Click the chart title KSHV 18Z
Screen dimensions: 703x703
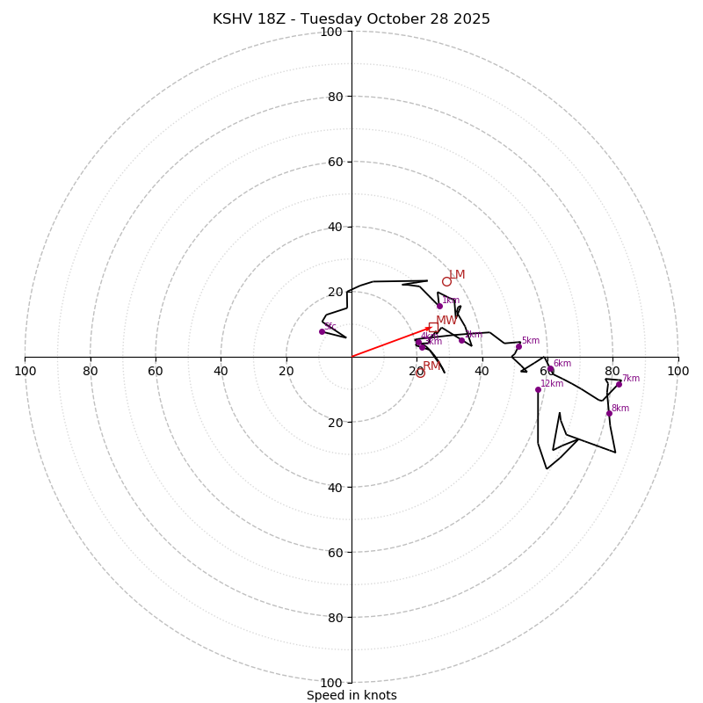coord(351,19)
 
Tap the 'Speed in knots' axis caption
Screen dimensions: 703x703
coord(351,695)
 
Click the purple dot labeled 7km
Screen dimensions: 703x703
coord(619,384)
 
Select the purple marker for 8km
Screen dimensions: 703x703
coord(609,413)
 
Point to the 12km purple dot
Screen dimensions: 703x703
coord(538,389)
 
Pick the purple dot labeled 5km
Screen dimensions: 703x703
coord(518,346)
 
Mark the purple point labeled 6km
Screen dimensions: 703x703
coord(551,369)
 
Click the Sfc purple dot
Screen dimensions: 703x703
coord(322,331)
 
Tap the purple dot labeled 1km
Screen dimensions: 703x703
coord(439,306)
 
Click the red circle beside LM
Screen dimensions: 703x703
coord(446,281)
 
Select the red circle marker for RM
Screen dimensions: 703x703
coord(420,373)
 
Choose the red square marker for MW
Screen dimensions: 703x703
coord(433,327)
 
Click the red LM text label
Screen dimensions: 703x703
coord(457,275)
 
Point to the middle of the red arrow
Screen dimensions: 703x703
coord(392,342)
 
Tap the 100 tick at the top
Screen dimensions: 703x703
coord(331,32)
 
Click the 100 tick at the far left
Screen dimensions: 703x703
coord(25,371)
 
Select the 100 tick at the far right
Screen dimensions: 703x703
coord(678,371)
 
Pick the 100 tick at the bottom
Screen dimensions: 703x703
coord(331,683)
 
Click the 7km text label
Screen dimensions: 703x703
coord(631,379)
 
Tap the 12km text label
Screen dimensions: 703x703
coord(552,384)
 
